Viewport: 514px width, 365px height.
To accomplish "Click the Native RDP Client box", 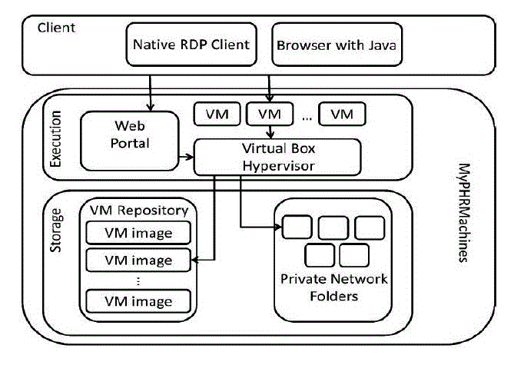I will [192, 45].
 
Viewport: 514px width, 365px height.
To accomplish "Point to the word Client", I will [56, 28].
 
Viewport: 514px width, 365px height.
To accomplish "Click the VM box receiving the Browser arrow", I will [269, 114].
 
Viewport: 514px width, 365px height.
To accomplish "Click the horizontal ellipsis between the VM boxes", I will [306, 117].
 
